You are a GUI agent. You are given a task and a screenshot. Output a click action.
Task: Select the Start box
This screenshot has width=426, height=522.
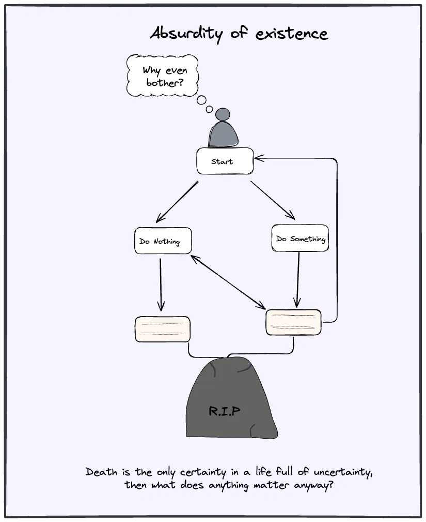[225, 161]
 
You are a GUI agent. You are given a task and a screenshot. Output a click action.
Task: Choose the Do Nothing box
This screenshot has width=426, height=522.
[163, 241]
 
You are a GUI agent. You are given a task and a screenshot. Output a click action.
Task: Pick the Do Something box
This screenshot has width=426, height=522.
[300, 238]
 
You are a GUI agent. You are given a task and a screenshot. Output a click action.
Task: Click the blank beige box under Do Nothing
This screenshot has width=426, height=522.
[162, 329]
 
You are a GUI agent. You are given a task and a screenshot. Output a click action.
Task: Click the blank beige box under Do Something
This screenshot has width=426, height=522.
[293, 323]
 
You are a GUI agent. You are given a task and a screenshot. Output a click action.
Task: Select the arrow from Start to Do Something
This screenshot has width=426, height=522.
[273, 200]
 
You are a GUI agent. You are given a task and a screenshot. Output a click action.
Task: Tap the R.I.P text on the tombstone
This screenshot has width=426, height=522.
[225, 411]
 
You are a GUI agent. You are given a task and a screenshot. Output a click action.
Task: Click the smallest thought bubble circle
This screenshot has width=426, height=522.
[209, 109]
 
